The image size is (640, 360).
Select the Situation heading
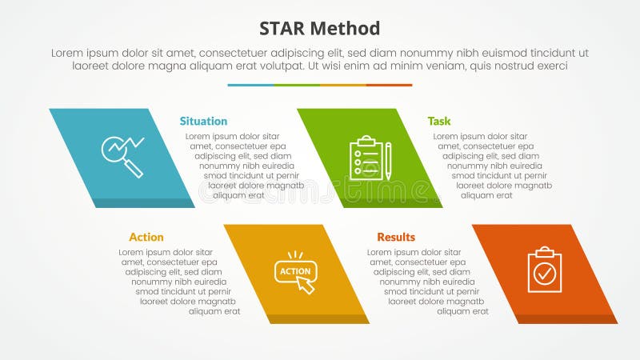203,121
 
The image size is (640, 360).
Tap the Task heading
438,121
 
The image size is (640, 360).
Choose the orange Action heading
146,237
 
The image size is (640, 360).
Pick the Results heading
396,237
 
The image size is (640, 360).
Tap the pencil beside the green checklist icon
388,160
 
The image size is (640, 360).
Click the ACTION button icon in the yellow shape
295,271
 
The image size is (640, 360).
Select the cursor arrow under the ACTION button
306,286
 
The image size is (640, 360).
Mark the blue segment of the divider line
250,85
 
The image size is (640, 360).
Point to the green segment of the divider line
297,85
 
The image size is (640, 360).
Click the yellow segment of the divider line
343,85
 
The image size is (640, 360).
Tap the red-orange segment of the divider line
390,85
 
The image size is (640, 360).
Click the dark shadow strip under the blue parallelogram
144,203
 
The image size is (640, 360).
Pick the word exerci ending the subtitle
551,66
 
